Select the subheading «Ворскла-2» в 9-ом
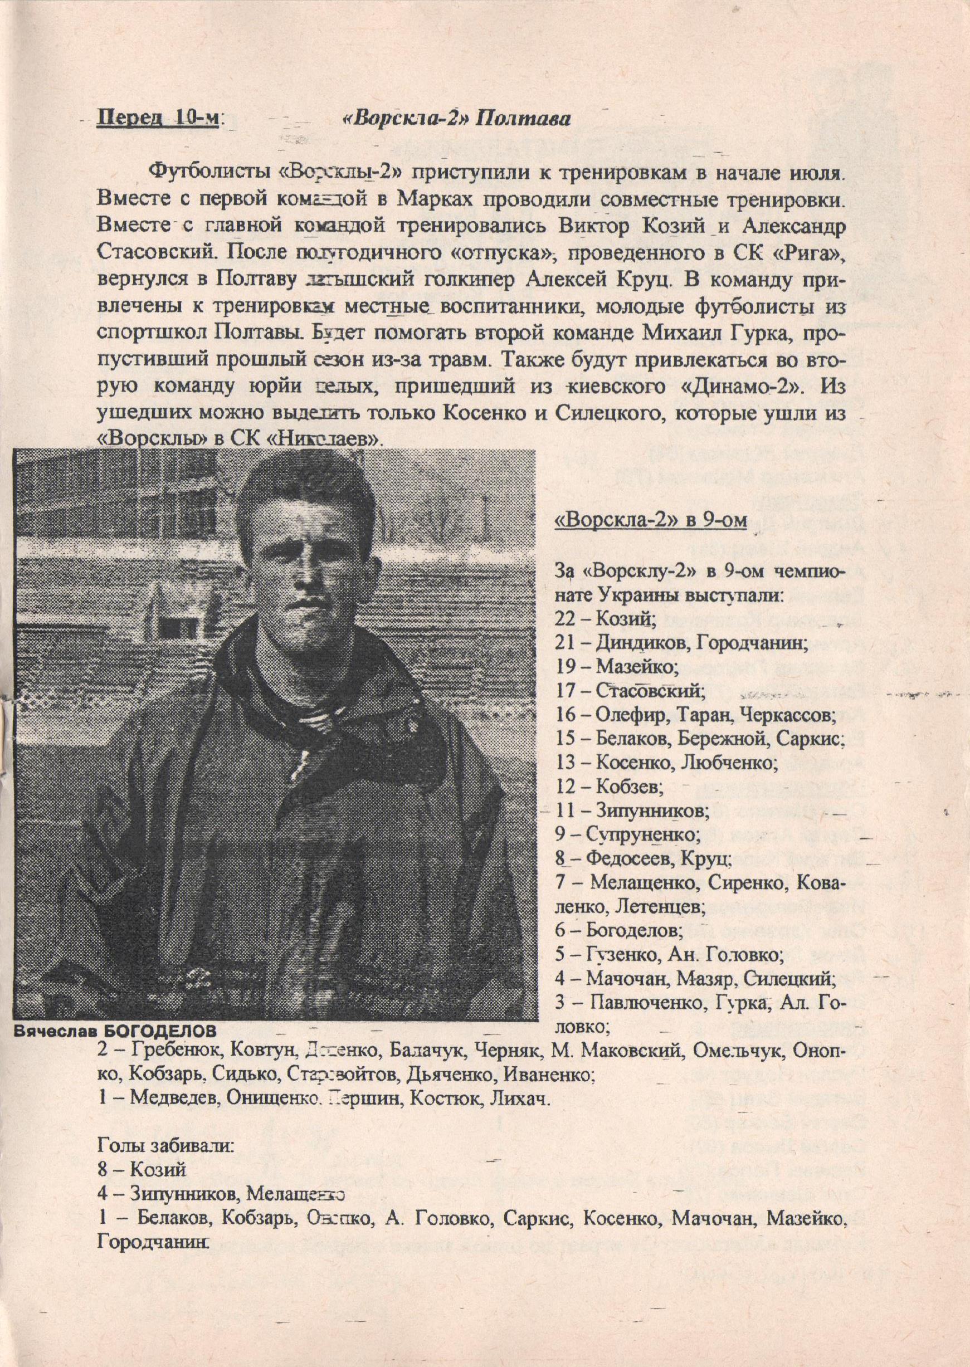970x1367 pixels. (650, 521)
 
